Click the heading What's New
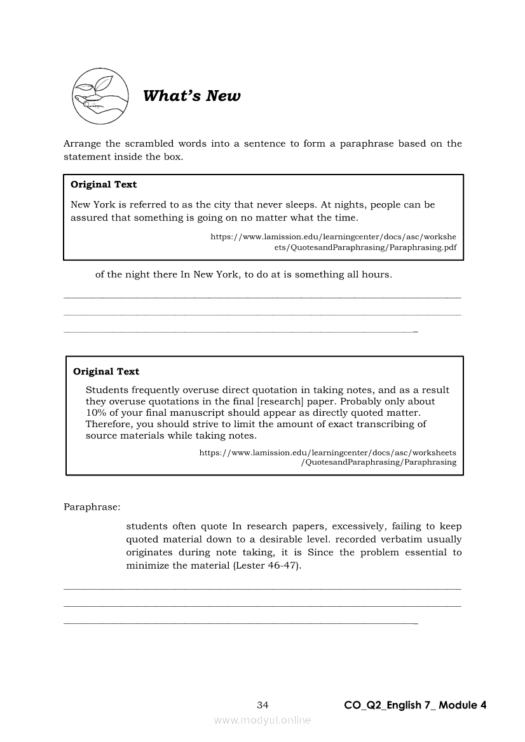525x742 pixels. (x=192, y=96)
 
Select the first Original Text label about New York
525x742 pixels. (x=104, y=185)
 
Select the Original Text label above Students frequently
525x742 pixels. (x=106, y=372)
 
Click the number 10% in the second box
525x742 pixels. (x=97, y=413)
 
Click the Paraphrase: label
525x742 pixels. (x=92, y=507)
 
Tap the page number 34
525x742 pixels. (x=262, y=705)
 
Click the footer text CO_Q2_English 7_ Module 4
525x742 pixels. (x=415, y=705)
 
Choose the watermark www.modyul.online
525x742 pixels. (x=262, y=720)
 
